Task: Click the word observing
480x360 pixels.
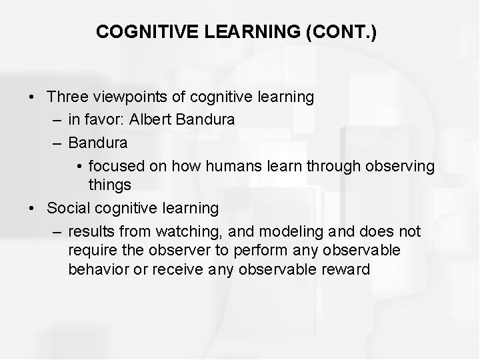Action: coord(399,165)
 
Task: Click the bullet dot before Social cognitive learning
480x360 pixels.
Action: coord(33,208)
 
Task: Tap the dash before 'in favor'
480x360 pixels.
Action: coord(55,120)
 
